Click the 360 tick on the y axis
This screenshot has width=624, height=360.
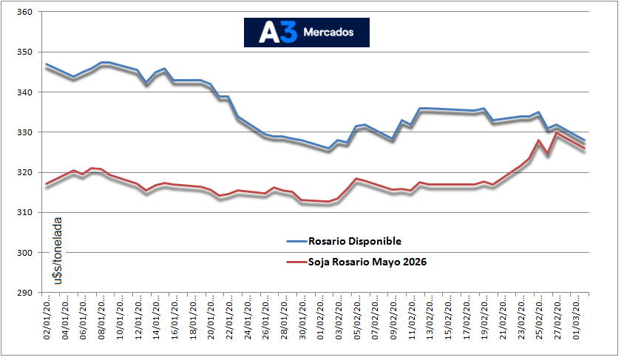[x=24, y=13]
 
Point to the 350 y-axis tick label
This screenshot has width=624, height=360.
[x=24, y=52]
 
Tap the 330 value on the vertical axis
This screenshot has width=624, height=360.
[x=24, y=132]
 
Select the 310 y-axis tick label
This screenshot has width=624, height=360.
[x=24, y=213]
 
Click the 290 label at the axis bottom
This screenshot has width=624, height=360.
[x=24, y=293]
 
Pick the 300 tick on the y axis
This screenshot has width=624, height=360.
[x=24, y=253]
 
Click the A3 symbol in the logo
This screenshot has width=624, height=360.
[x=278, y=33]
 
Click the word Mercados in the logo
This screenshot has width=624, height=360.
[x=328, y=33]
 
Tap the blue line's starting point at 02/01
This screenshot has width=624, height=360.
[x=47, y=64]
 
